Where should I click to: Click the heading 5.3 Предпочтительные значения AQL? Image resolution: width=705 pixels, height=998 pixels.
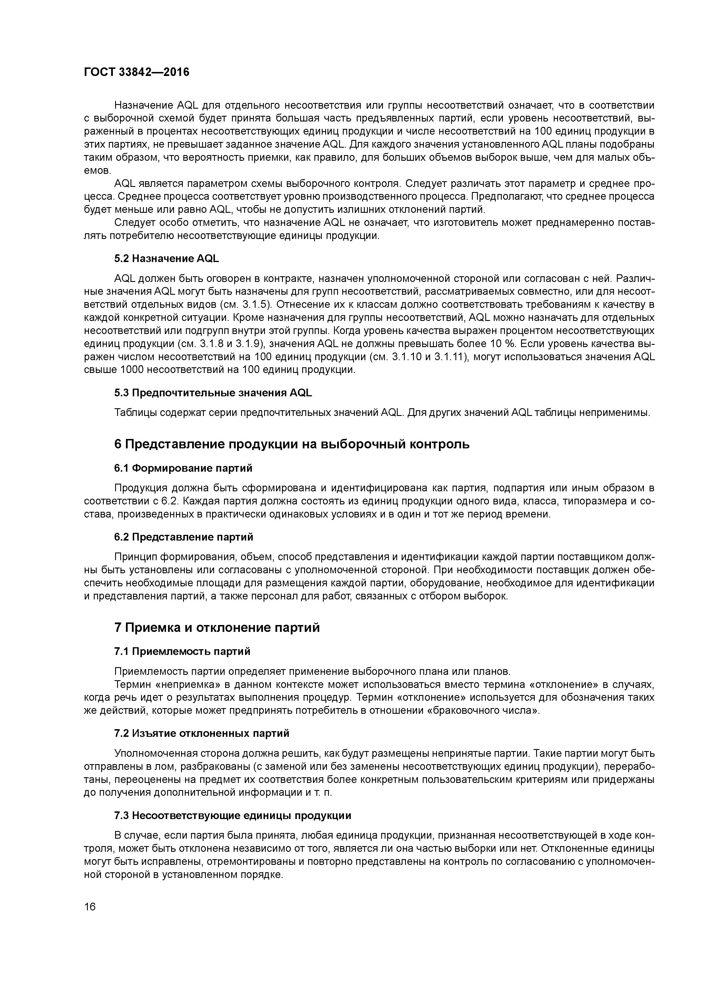(213, 393)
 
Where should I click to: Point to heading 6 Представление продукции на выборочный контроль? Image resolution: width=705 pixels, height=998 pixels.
(291, 444)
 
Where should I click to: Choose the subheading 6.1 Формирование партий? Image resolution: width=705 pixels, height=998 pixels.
(183, 468)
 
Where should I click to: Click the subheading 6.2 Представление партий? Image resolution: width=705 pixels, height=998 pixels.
(183, 537)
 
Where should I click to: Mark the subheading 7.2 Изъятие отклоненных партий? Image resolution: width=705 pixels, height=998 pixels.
(202, 734)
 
